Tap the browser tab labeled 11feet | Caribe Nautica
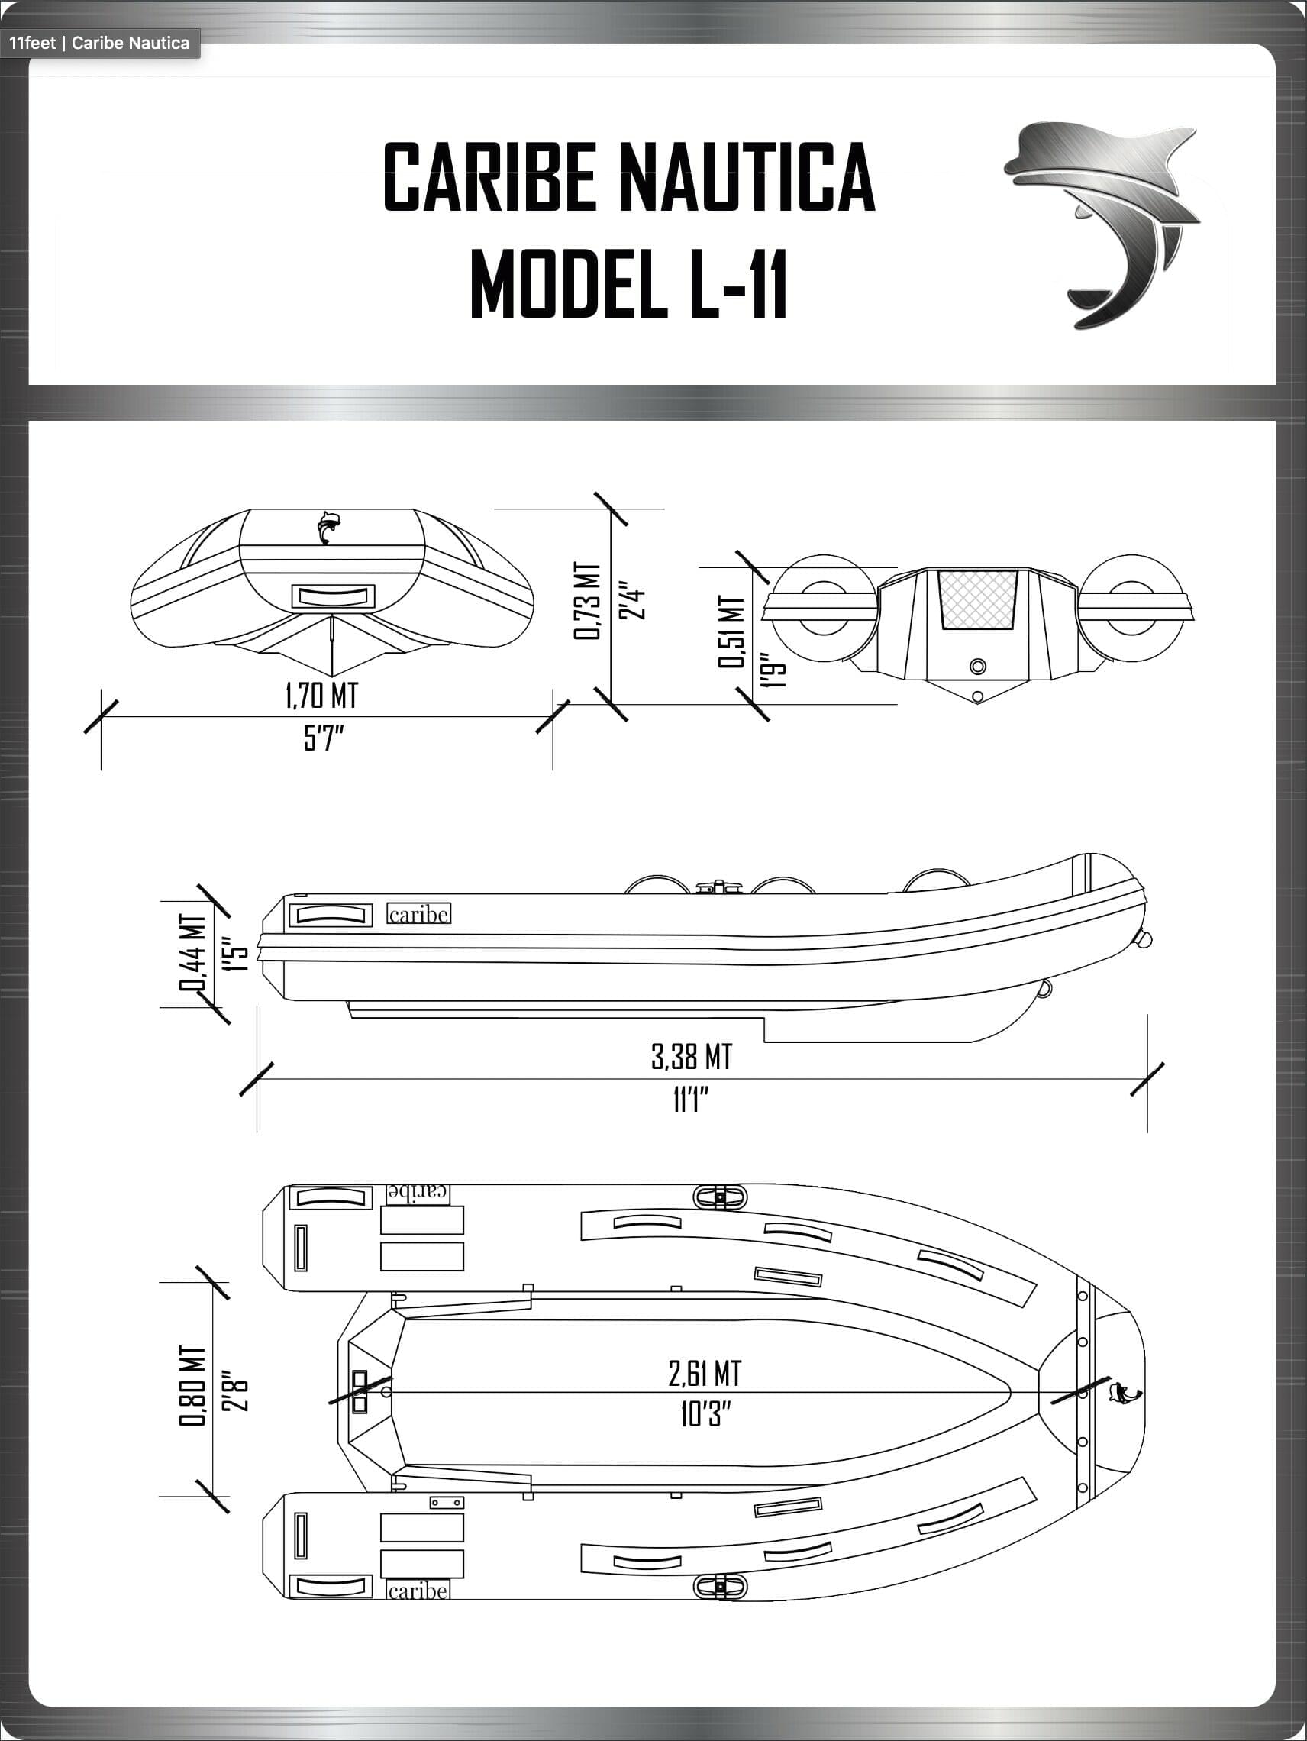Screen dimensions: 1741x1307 (x=100, y=43)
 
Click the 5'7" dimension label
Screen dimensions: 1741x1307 (x=324, y=739)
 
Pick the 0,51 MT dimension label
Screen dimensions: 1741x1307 (x=730, y=632)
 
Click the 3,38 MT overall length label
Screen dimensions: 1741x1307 (x=691, y=1056)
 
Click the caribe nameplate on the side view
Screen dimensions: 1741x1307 (x=419, y=914)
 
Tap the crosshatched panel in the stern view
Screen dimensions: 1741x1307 (x=977, y=599)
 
